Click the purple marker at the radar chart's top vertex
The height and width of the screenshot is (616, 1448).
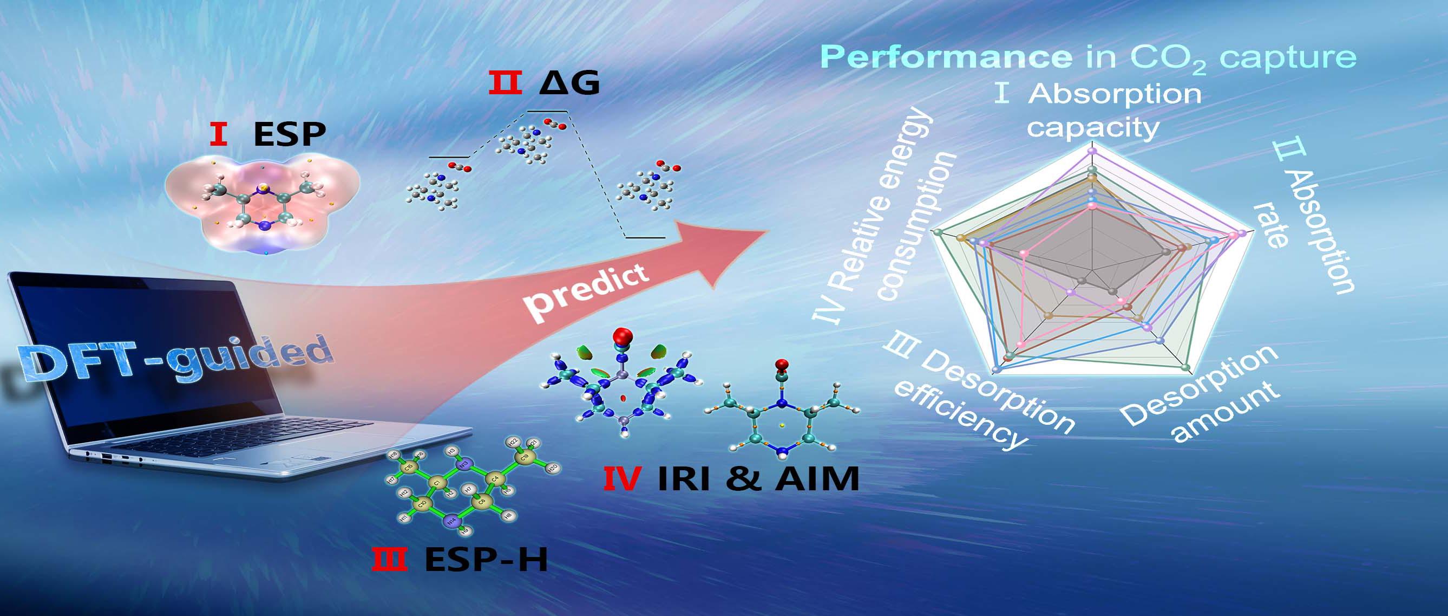[1092, 151]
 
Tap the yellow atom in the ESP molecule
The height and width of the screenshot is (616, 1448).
[261, 187]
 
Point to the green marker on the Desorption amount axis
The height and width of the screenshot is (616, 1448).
[1187, 367]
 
